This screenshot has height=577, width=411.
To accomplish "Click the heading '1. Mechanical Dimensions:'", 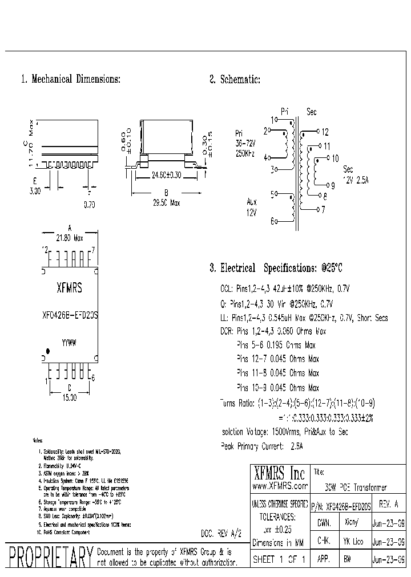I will coord(70,80).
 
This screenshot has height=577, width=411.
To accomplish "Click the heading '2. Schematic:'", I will coord(235,80).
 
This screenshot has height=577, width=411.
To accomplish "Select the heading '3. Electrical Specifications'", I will coord(276,268).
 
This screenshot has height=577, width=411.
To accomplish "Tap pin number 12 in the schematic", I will coord(325,131).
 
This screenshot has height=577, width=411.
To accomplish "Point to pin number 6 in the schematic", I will coord(272,221).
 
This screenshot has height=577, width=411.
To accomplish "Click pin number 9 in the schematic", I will coord(332,185).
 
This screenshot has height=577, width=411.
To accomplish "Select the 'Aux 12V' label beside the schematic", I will coord(252,206).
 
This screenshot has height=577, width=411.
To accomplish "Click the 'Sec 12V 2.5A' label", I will coord(355,175).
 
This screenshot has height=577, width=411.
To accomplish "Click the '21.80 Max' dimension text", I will coord(70,238).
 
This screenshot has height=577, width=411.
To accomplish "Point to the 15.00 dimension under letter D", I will coord(69,397).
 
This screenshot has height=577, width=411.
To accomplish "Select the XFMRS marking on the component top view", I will coord(69,289).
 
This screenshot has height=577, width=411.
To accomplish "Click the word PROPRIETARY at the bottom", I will coord(51,559).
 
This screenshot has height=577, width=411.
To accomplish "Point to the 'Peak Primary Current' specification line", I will coord(261,446).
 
